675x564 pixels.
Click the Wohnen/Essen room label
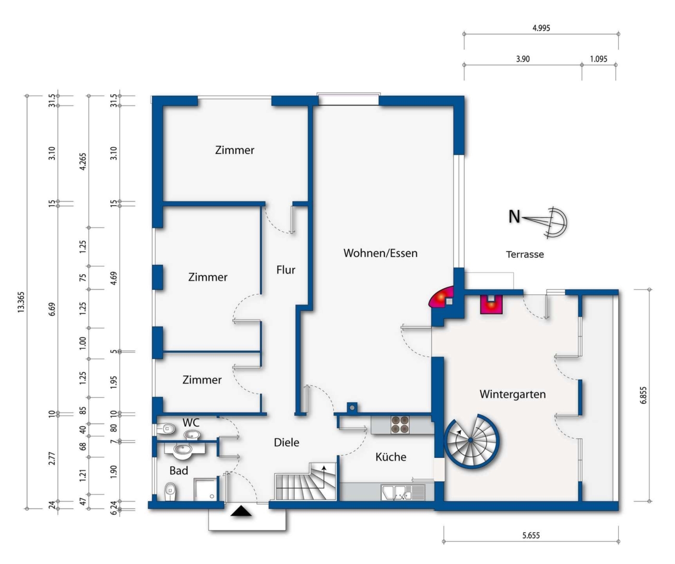click(380, 253)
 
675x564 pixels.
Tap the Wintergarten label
click(513, 394)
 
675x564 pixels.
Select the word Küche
click(390, 456)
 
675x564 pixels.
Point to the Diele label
click(287, 442)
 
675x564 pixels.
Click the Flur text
click(286, 269)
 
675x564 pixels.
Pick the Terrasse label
click(525, 254)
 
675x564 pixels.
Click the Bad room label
click(179, 471)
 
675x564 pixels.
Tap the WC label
click(191, 422)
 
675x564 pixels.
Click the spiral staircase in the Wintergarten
click(471, 440)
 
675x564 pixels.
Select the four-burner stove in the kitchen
click(400, 425)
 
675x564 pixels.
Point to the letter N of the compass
click(514, 217)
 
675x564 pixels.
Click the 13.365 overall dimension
click(21, 302)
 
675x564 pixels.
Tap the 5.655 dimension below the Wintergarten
click(531, 535)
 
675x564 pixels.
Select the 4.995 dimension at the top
click(541, 28)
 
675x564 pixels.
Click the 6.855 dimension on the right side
click(643, 395)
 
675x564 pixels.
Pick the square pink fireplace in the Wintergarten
click(491, 304)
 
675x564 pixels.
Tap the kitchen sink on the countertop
click(402, 492)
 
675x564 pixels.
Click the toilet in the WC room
click(166, 429)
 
